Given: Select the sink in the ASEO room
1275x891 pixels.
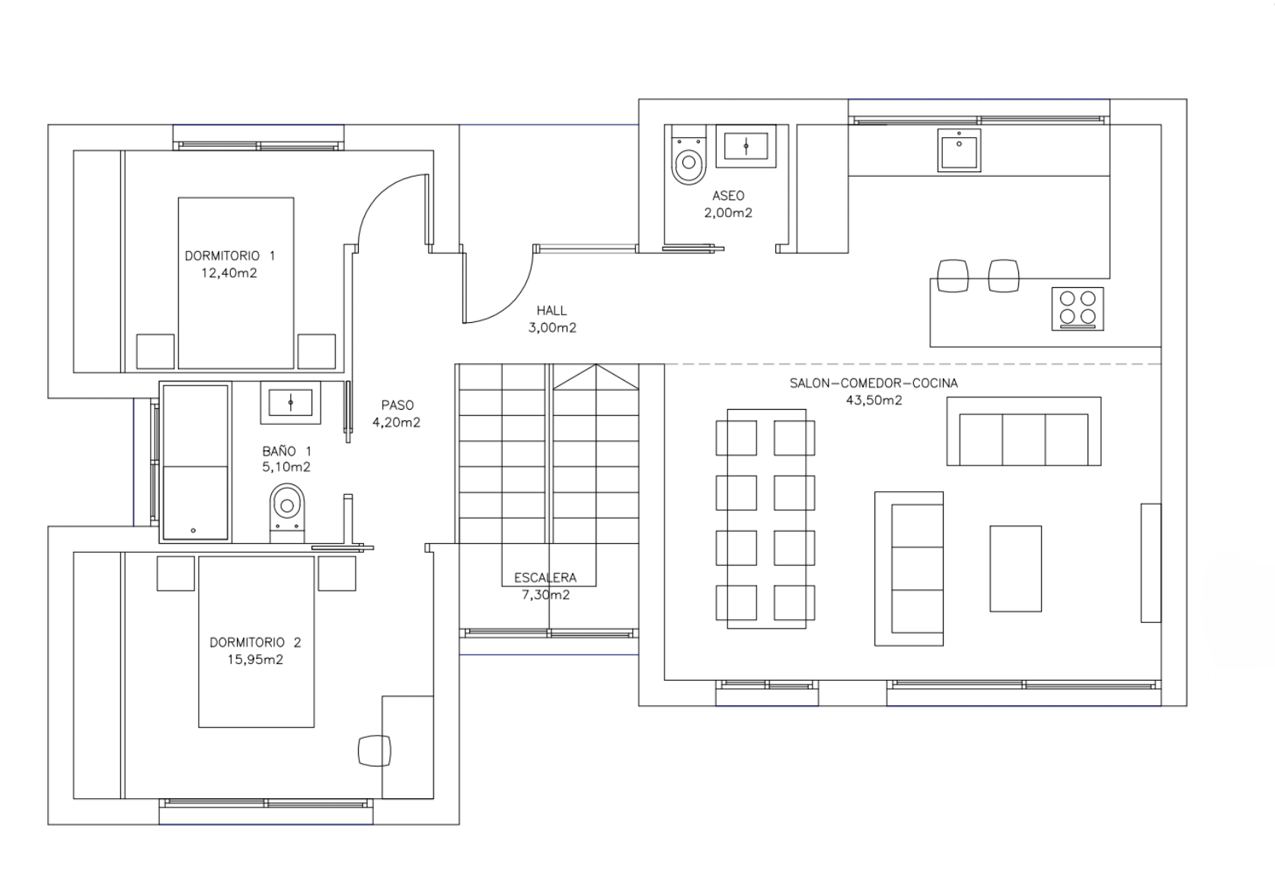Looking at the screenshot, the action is [746, 146].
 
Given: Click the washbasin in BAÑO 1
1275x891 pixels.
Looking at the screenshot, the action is [290, 402].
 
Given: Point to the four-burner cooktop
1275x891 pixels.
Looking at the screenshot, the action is [1078, 309].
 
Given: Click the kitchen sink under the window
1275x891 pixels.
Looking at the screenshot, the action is [959, 150].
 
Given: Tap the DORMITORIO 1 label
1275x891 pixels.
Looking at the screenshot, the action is [230, 256].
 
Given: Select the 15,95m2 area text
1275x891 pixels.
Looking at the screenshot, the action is [255, 659].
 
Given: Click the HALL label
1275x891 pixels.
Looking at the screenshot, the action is [551, 311].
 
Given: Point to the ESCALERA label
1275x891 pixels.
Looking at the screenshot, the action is [545, 578].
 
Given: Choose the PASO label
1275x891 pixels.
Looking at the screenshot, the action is [398, 405].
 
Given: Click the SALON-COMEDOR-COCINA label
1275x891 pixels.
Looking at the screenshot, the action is [874, 384].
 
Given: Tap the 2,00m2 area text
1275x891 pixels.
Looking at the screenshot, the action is [728, 212].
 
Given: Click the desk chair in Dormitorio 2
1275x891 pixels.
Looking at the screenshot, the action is [375, 751].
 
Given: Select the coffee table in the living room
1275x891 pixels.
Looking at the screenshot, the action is [1015, 568].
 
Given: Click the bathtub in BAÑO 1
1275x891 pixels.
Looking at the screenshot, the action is [195, 462].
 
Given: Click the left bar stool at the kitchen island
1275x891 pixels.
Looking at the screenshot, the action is [953, 276].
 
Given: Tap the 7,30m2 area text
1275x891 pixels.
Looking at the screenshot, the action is [545, 595].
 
